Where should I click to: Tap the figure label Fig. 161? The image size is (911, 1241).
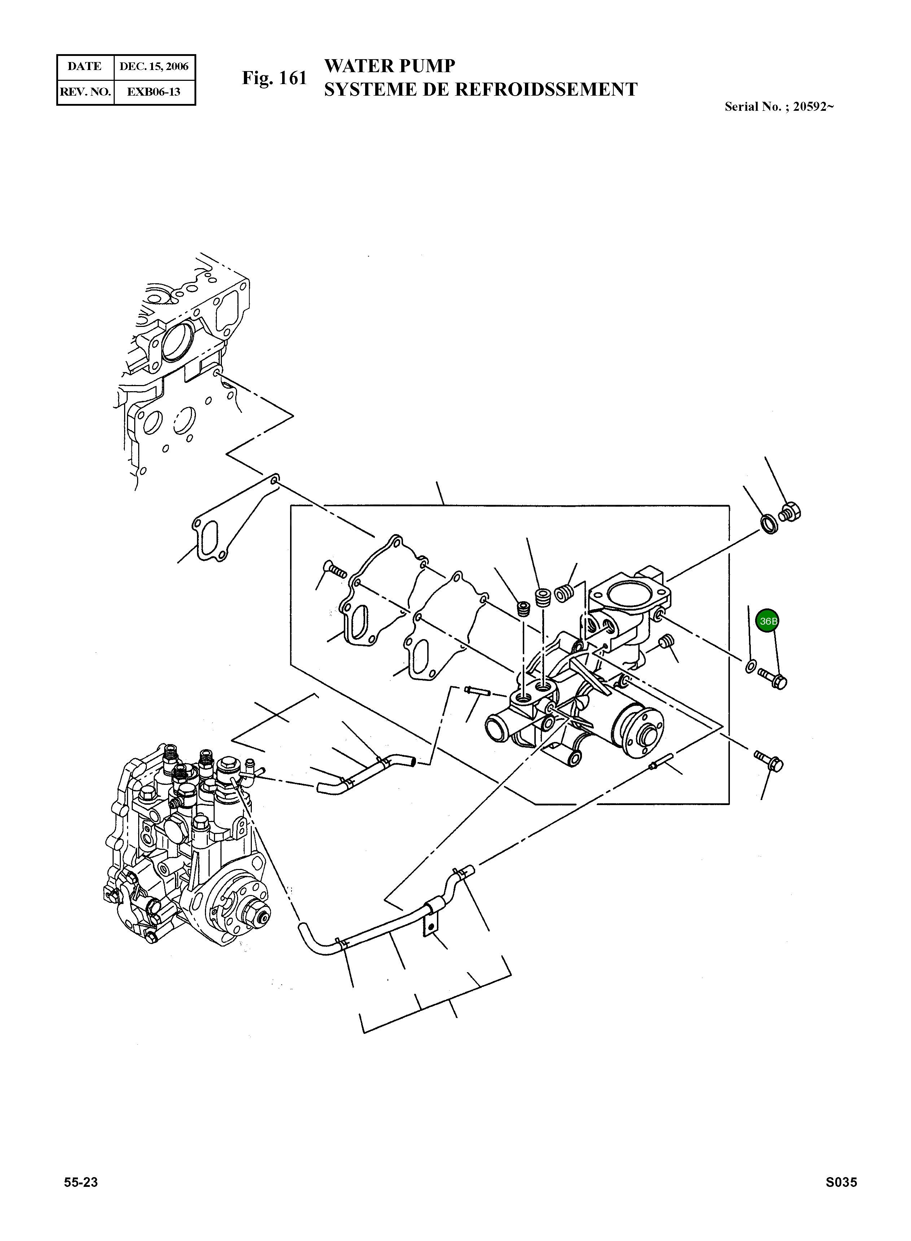274,78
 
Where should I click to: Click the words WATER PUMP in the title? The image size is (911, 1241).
389,66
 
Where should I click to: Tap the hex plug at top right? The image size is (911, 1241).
791,511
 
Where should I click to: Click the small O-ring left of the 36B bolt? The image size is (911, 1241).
750,666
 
